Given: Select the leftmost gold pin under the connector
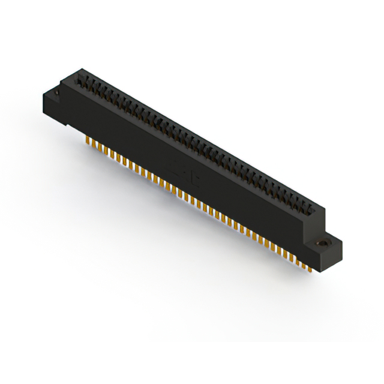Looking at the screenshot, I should click(88, 141).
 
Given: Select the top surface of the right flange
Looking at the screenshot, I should click(327, 241).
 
